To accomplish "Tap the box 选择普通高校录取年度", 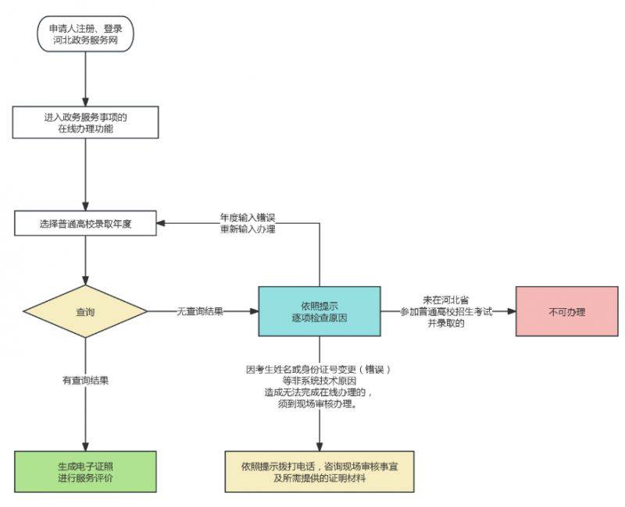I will [85, 223].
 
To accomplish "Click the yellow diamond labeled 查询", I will [85, 312].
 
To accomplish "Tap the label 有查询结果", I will [85, 381].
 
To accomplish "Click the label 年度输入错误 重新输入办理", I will [248, 223].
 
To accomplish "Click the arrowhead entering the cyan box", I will [254, 311].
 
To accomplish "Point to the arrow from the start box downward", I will [85, 78].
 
